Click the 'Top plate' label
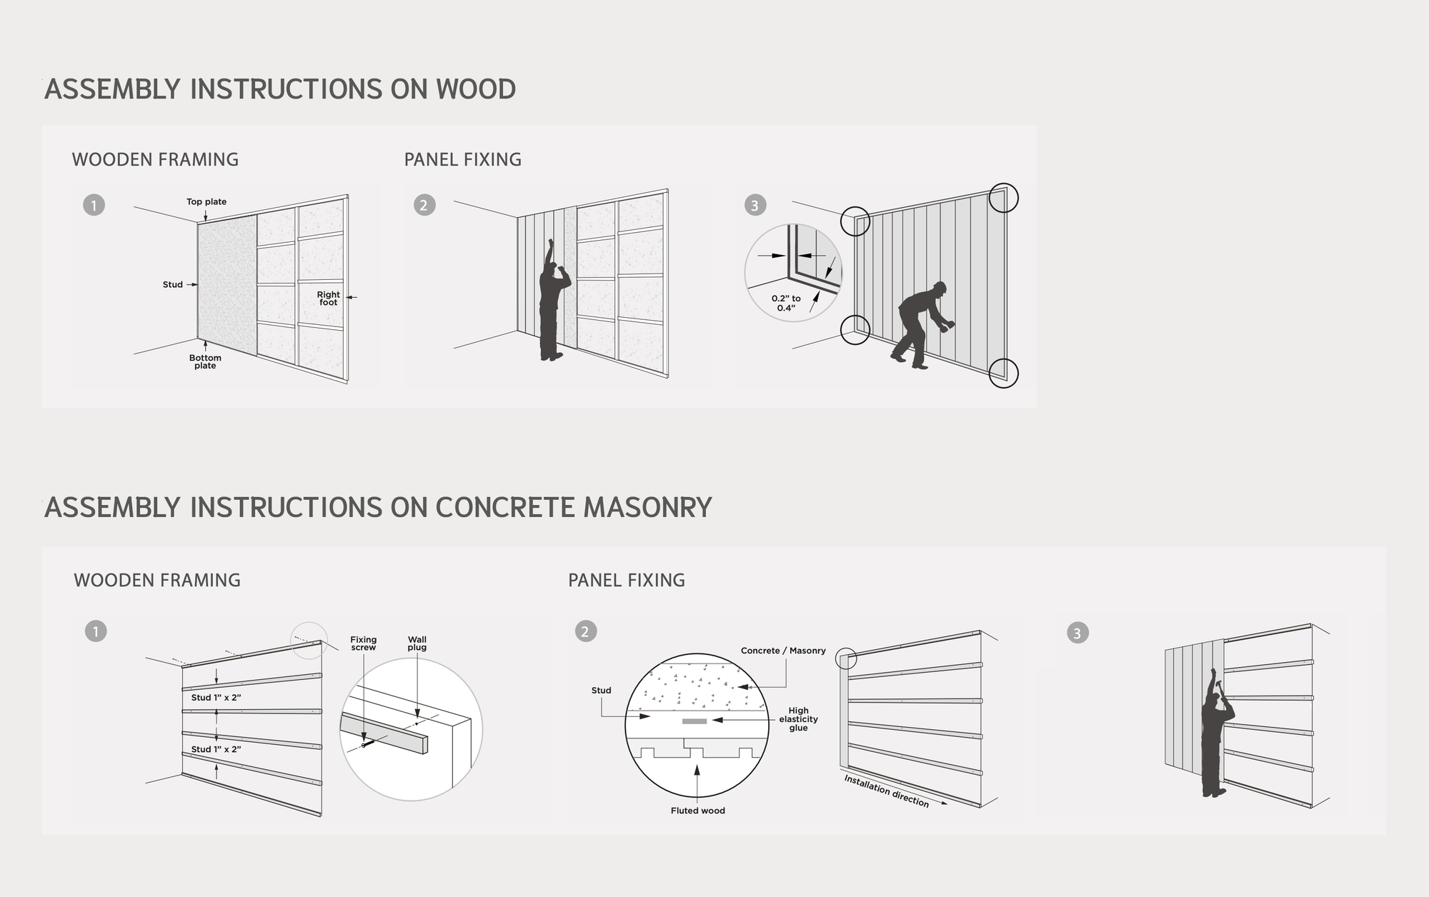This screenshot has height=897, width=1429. pyautogui.click(x=206, y=201)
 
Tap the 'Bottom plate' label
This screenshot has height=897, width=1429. pyautogui.click(x=205, y=361)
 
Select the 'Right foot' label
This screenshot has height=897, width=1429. pyautogui.click(x=328, y=299)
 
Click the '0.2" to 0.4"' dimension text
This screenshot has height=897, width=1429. pyautogui.click(x=786, y=304)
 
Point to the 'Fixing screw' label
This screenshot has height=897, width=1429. pyautogui.click(x=363, y=643)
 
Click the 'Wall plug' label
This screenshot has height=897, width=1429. pyautogui.click(x=417, y=643)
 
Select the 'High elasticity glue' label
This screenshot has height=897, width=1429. pyautogui.click(x=798, y=719)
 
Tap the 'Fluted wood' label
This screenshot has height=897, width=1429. pyautogui.click(x=697, y=811)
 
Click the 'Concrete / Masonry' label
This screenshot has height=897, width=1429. pyautogui.click(x=783, y=651)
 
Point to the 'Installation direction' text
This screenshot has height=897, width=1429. pyautogui.click(x=886, y=791)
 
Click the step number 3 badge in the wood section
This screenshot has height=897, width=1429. pyautogui.click(x=755, y=206)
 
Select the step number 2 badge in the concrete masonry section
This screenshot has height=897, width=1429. pyautogui.click(x=585, y=631)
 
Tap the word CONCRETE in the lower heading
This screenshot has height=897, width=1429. pyautogui.click(x=504, y=507)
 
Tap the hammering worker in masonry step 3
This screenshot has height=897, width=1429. pyautogui.click(x=1213, y=739)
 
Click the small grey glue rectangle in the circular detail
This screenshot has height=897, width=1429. pyautogui.click(x=694, y=721)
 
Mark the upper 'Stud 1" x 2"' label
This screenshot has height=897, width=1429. pyautogui.click(x=216, y=697)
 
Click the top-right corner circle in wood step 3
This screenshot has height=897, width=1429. pyautogui.click(x=1003, y=198)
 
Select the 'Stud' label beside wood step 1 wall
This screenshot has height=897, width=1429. pyautogui.click(x=172, y=284)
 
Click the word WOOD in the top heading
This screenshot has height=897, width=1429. pyautogui.click(x=475, y=89)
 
